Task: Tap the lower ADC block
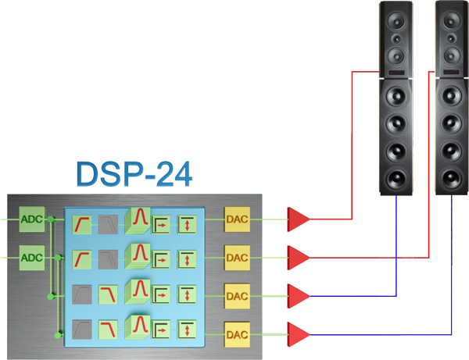coord(32,257)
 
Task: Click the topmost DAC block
coord(236,220)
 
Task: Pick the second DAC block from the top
coord(236,256)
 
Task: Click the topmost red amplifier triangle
coord(298,220)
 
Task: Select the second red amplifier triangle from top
coord(298,256)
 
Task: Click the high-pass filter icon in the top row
coord(81,225)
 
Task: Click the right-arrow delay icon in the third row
coord(161,295)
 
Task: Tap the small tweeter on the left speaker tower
coord(397,38)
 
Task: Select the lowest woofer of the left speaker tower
coord(397,177)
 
